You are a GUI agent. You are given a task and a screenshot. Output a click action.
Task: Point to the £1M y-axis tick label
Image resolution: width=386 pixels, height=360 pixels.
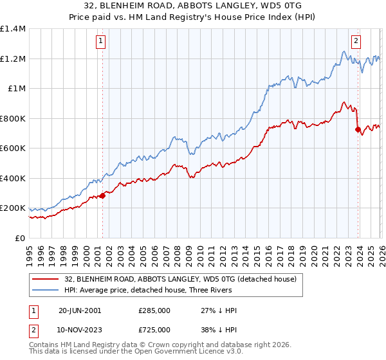[15, 89]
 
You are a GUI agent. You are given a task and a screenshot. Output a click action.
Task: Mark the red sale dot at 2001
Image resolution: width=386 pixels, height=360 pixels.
[102, 196]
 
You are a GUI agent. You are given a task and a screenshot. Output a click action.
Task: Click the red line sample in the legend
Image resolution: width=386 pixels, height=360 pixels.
[45, 279]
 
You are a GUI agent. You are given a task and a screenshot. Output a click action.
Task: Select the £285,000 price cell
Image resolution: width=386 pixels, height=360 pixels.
[154, 310]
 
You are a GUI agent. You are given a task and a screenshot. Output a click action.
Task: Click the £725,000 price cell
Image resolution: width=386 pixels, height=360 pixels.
[154, 329]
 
